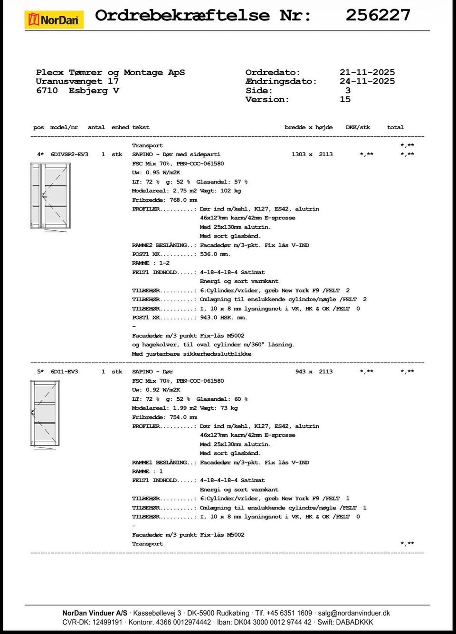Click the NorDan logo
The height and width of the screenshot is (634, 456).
54,20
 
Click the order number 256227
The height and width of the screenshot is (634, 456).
378,15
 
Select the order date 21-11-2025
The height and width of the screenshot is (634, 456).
367,73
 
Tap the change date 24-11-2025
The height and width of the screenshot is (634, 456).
367,82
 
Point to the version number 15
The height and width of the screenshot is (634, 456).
345,100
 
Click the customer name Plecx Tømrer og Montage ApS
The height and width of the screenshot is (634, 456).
110,73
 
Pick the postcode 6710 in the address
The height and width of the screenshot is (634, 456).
47,91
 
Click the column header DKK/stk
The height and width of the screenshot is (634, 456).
358,127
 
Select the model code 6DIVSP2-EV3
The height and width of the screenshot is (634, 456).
69,155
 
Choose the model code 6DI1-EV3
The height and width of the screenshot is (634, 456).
64,372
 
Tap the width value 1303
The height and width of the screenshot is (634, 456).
298,155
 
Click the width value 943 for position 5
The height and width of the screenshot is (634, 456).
300,372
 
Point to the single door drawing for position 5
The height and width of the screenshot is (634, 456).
45,413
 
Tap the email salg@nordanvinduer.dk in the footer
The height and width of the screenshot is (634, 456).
354,613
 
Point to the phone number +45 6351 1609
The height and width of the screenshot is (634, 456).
290,613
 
